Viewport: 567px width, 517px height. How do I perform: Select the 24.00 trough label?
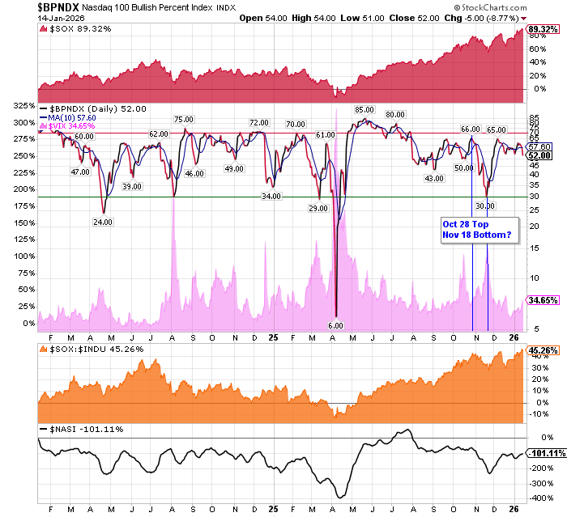point(103,222)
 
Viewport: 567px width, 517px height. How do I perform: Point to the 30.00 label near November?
point(485,206)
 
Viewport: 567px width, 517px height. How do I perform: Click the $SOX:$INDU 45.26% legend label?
point(85,350)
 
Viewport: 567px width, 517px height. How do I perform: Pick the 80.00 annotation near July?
point(394,115)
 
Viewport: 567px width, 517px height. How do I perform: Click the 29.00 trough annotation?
point(318,209)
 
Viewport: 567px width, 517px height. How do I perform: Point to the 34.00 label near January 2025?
point(271,196)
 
